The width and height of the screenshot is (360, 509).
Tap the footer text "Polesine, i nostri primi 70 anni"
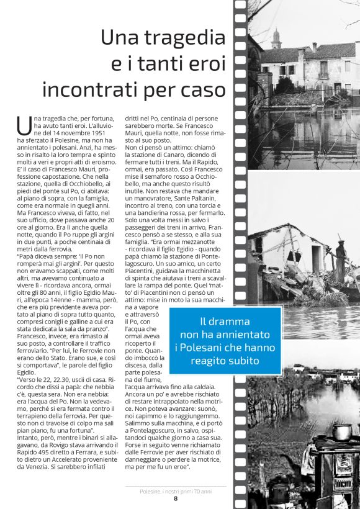(176, 490)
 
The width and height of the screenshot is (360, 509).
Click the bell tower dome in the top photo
(276, 35)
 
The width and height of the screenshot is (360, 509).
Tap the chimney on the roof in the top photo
(314, 47)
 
